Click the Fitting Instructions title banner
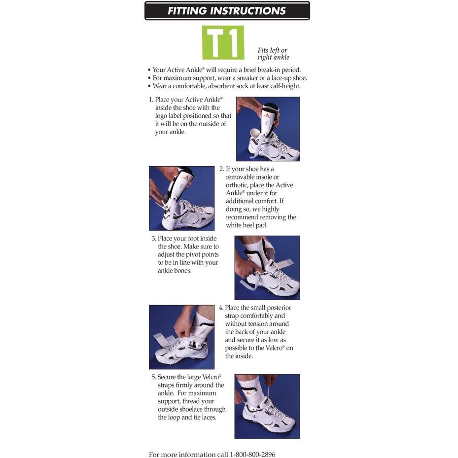coord(227,11)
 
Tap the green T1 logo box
coord(223,43)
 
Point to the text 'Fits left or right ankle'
coord(274,54)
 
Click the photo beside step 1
coord(268,129)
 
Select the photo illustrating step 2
coord(182,198)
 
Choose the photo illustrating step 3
coord(267,268)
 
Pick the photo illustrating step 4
coord(182,337)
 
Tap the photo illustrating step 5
coord(267,406)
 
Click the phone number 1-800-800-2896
coord(252,454)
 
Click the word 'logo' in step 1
coord(161,116)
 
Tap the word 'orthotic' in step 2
coord(237,185)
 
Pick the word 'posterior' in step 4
coord(279,308)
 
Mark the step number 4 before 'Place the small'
coord(221,308)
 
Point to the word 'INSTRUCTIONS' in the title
coord(247,11)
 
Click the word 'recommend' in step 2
coord(242,217)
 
